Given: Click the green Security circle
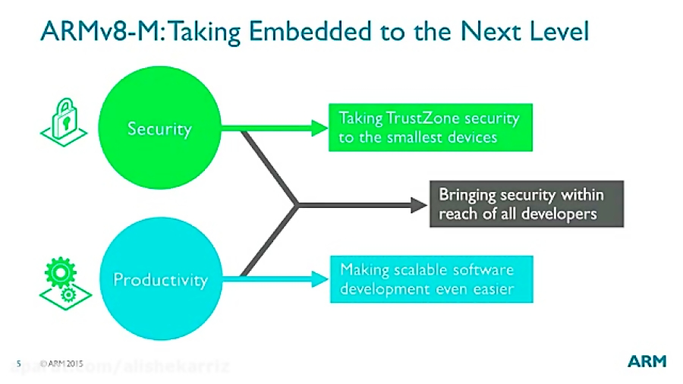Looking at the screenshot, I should point(160,128).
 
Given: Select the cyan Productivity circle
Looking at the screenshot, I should point(160,279).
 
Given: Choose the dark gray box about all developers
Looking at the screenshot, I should point(526,203).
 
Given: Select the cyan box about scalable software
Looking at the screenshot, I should point(430,279).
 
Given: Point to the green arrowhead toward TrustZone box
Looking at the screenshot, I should point(319,128).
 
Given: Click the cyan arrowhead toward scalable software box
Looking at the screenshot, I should point(319,279).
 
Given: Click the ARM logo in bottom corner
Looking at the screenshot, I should point(647,362).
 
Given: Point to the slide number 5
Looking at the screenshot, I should point(18,363).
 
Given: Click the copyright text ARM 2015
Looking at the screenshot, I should point(61,363).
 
